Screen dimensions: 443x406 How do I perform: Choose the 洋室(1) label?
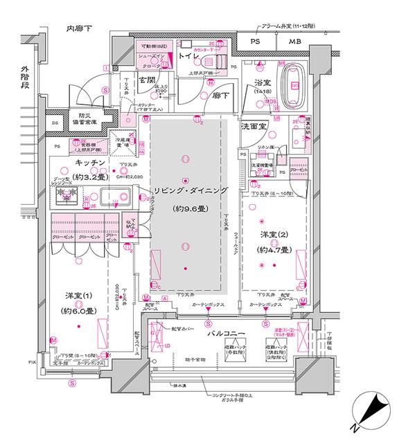(78, 296)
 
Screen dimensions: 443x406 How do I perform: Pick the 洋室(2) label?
(274, 235)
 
